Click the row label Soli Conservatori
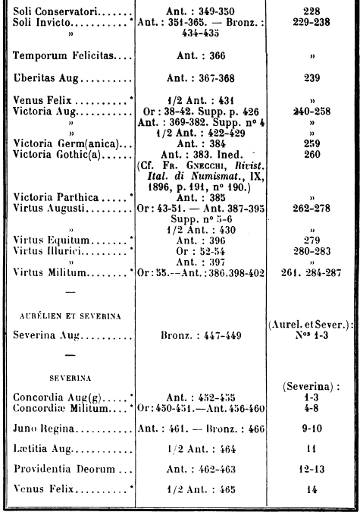point(55,11)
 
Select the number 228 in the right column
point(311,11)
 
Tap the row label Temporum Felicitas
point(63,55)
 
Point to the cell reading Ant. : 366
point(201,55)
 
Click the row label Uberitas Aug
point(46,78)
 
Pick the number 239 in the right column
point(311,78)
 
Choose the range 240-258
point(311,112)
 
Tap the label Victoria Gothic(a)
point(57,154)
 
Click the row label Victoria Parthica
point(56,197)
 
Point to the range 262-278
point(311,208)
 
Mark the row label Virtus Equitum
point(52,240)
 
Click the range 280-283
point(311,251)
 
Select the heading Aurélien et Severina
point(70,316)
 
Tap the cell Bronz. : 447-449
point(201,335)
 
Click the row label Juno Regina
point(44,429)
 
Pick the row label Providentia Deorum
point(64,469)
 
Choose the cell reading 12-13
point(311,470)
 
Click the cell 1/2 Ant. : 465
point(201,489)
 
